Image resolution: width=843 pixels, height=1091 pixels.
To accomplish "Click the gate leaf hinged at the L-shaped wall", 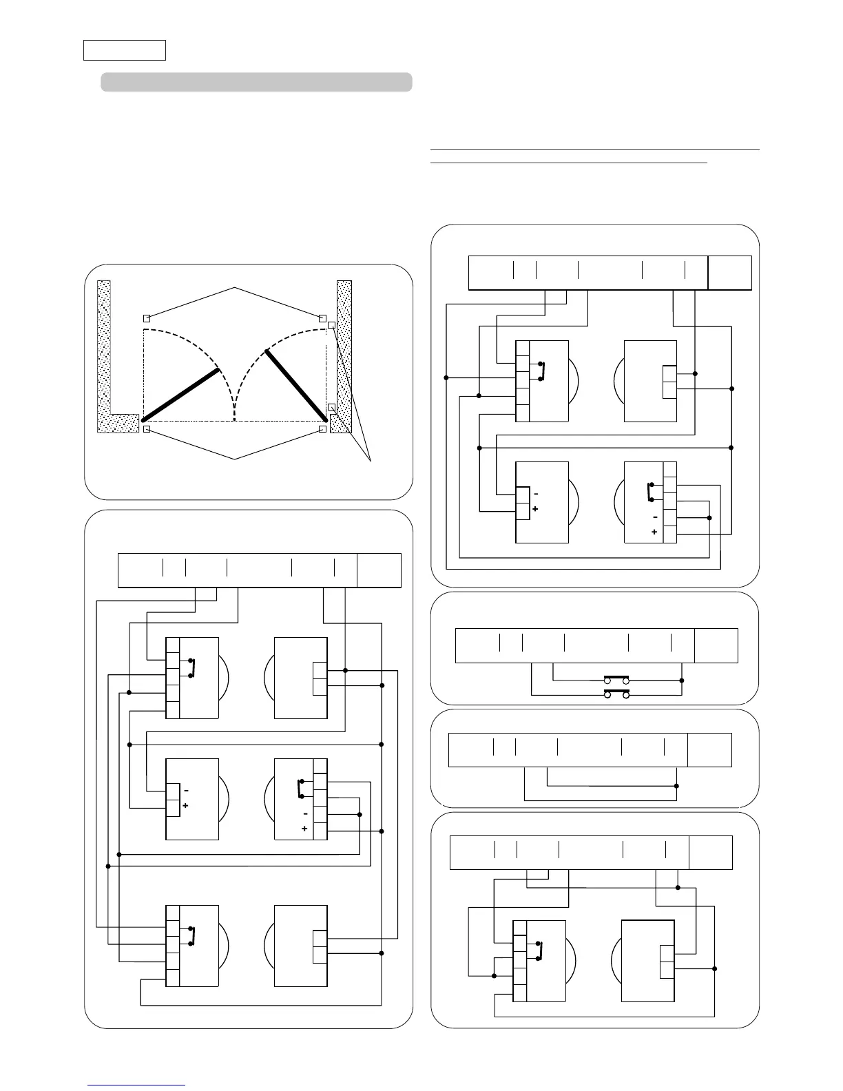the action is [180, 395].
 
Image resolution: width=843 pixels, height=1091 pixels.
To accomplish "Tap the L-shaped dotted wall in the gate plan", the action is [105, 358].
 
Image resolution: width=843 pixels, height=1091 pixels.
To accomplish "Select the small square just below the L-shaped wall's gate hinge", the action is [147, 430].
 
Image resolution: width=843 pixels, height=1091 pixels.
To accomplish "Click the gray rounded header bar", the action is [256, 82].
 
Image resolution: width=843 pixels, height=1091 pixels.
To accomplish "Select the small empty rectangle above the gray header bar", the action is [125, 50].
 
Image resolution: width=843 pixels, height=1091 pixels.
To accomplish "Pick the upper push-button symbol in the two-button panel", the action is [617, 678].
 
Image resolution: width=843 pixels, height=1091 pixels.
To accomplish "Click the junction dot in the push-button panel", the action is [682, 680].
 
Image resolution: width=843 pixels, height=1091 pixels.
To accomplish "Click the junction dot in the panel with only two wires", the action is [677, 786].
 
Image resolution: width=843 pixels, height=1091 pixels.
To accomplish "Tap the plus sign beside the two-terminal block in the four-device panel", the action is [535, 508].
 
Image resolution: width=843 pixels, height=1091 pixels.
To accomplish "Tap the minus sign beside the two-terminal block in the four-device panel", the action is [535, 495].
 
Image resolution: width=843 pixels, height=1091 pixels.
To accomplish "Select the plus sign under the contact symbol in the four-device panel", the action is [654, 532].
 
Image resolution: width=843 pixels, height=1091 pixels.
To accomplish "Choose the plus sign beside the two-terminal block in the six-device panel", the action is [185, 805].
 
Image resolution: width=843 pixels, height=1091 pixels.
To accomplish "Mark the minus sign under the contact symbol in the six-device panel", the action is [305, 814].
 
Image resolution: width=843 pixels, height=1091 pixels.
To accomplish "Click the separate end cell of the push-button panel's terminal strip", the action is [716, 645].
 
